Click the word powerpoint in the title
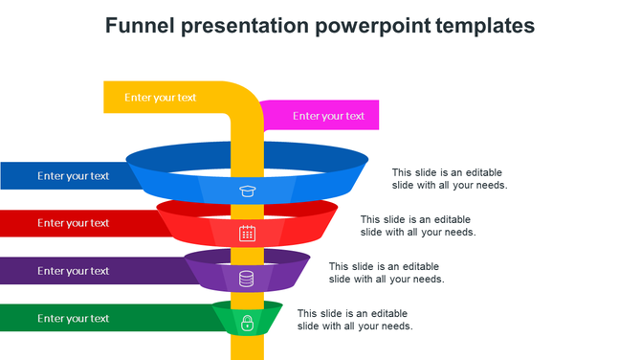tap(373, 26)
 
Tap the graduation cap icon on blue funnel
tap(247, 191)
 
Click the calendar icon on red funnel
tap(247, 233)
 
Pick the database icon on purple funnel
tap(247, 279)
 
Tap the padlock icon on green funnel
tap(247, 323)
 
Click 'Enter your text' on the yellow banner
tap(161, 97)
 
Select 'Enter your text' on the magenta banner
tap(328, 116)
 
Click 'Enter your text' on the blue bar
tap(74, 176)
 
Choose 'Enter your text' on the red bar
tap(74, 223)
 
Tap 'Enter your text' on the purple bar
tap(74, 271)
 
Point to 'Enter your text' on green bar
tap(74, 319)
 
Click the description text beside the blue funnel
tap(450, 179)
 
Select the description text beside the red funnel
tap(418, 226)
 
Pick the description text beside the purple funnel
tap(387, 273)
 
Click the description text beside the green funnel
tap(355, 320)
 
